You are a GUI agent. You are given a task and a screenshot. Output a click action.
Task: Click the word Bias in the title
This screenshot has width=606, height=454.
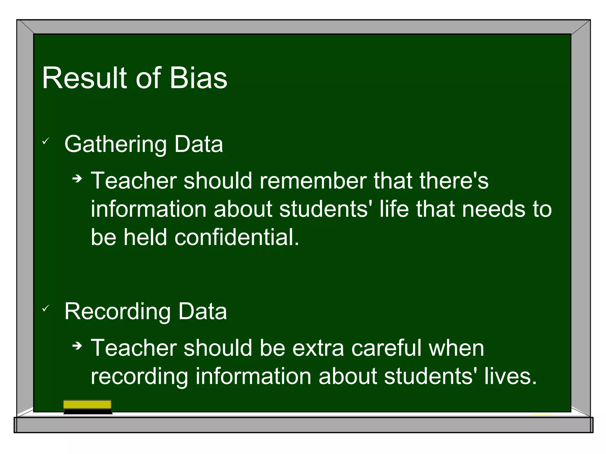pyautogui.click(x=198, y=78)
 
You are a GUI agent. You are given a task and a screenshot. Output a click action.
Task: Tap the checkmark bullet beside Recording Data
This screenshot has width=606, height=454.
pyautogui.click(x=46, y=309)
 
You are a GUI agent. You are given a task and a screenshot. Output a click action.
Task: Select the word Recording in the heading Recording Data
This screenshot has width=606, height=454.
pyautogui.click(x=117, y=312)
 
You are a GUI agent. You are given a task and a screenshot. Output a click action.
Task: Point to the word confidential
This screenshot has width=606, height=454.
pyautogui.click(x=237, y=237)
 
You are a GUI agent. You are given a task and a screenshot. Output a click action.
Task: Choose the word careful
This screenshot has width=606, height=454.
pyautogui.click(x=386, y=348)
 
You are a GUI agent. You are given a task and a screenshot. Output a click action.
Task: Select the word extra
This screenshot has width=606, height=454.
pyautogui.click(x=318, y=348)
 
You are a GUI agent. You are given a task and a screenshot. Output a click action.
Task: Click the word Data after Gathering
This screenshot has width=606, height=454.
pyautogui.click(x=198, y=145)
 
